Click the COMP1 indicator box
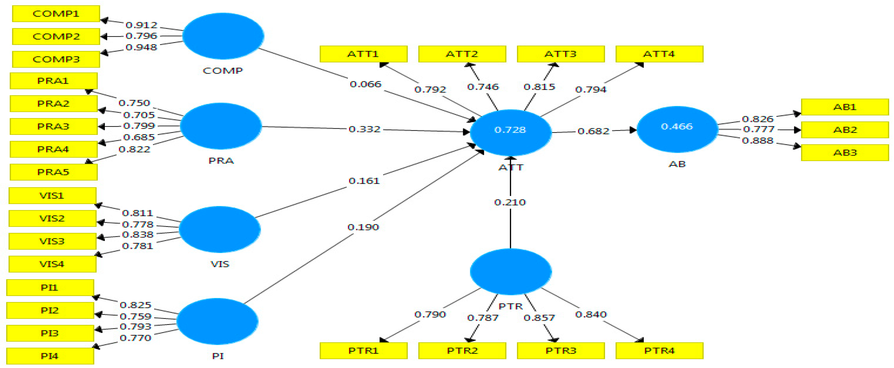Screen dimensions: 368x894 (56, 14)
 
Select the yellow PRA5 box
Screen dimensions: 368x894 (53, 172)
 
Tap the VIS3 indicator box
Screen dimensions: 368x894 (52, 241)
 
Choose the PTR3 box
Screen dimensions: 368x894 (561, 351)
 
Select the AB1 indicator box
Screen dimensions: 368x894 (845, 107)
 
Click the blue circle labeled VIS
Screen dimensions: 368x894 (220, 229)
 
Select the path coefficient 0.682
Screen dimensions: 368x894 (593, 131)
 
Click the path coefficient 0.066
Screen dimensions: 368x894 (366, 84)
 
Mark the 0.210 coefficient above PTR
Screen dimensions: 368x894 (510, 202)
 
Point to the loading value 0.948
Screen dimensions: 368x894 (141, 47)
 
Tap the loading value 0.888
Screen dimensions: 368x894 (758, 140)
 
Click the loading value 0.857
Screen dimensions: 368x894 (539, 318)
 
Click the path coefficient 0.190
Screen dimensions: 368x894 (363, 227)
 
